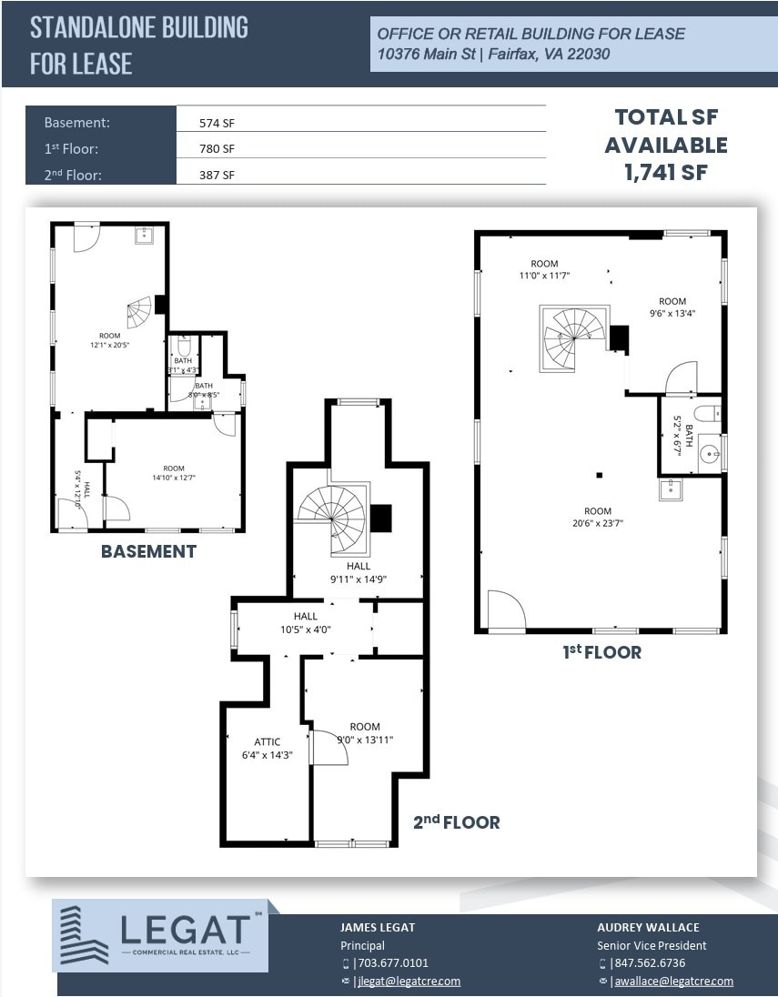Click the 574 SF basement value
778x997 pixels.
coord(217,123)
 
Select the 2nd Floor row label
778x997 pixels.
coord(71,174)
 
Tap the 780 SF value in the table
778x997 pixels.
coord(217,148)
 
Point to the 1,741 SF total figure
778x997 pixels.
coord(666,172)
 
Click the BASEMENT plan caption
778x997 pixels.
coord(148,551)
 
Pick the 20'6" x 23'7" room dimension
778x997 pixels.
coord(598,517)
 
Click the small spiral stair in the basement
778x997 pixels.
coord(139,314)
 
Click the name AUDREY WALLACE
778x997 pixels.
coord(648,927)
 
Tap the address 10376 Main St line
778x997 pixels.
coord(493,55)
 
